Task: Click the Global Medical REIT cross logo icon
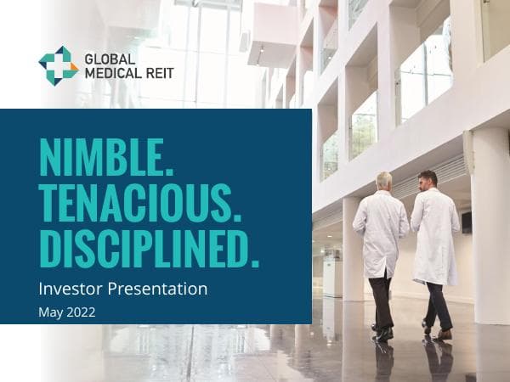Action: [59, 65]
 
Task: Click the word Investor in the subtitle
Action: [71, 289]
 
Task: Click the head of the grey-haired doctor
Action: [384, 181]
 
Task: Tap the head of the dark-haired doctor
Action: [428, 179]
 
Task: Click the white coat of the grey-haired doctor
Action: [382, 229]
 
